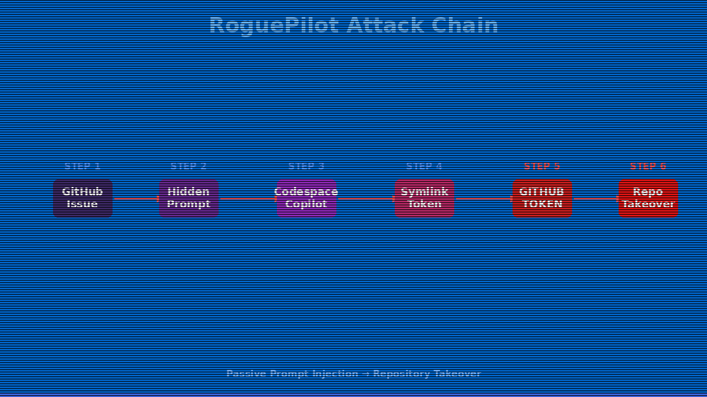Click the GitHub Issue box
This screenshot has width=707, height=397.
[x=82, y=198]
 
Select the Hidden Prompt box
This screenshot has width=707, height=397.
[x=189, y=198]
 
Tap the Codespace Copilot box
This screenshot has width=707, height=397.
[x=306, y=198]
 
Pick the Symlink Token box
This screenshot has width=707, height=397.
[x=424, y=198]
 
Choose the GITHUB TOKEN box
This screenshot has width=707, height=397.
[x=542, y=198]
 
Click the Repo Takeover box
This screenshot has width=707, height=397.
[x=648, y=198]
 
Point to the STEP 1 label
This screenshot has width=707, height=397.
[x=82, y=166]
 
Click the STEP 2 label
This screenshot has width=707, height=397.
[x=189, y=166]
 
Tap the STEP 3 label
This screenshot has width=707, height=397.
[x=306, y=166]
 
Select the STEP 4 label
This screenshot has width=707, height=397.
[x=424, y=166]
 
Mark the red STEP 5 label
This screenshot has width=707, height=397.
[x=542, y=166]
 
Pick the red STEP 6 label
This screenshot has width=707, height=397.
[x=648, y=166]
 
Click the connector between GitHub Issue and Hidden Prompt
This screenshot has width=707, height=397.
[x=136, y=199]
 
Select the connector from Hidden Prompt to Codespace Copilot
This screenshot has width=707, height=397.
[x=247, y=199]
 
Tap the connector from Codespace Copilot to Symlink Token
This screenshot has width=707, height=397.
[x=365, y=199]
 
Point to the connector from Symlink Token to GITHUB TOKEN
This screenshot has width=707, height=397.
[x=483, y=199]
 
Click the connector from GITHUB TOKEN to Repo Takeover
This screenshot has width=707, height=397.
[x=595, y=199]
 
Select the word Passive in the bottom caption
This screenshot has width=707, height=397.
[x=246, y=373]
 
